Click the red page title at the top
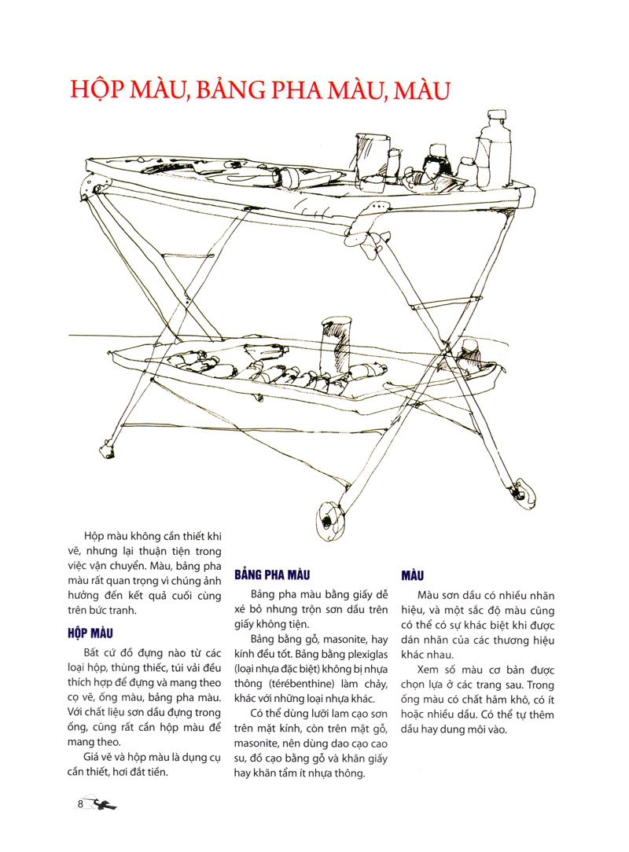tap(259, 88)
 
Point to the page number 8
tap(81, 803)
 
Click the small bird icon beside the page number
tap(104, 804)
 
